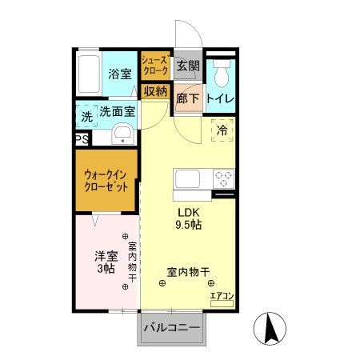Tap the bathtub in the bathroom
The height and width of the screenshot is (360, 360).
[x=90, y=74]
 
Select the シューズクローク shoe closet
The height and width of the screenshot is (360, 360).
[x=154, y=65]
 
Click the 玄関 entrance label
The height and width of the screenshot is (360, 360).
[x=187, y=65]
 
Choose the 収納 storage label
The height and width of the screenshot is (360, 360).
[x=154, y=91]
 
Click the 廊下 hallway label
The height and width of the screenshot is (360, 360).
[x=187, y=98]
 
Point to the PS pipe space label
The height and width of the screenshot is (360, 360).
[x=82, y=139]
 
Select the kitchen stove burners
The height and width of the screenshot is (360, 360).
[x=222, y=178]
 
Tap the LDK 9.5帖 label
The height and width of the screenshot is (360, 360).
[x=189, y=218]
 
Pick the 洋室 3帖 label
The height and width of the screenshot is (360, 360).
[x=106, y=262]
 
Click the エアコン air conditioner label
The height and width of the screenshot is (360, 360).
[x=222, y=298]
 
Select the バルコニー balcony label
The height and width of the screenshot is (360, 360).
[x=173, y=327]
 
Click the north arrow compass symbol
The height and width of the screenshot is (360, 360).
[x=270, y=328]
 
